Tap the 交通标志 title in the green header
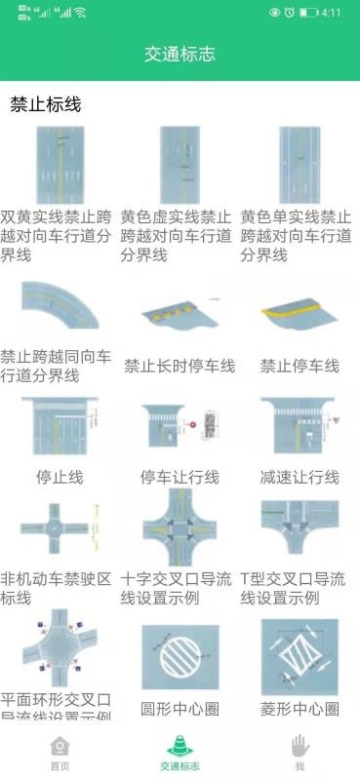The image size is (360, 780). tap(180, 55)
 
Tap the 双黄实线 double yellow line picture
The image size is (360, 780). tap(60, 165)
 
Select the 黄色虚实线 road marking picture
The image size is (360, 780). tap(180, 165)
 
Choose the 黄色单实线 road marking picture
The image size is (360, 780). tap(299, 165)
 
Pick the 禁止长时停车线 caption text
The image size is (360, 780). tap(180, 367)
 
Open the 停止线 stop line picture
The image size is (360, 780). tap(60, 427)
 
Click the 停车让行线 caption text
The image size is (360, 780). tap(180, 477)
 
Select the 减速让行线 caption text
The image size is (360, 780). tap(299, 477)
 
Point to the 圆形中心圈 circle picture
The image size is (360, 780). tap(180, 658)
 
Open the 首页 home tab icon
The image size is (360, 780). tap(60, 746)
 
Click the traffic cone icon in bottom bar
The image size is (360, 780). tap(180, 746)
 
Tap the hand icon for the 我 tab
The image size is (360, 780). tap(300, 746)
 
